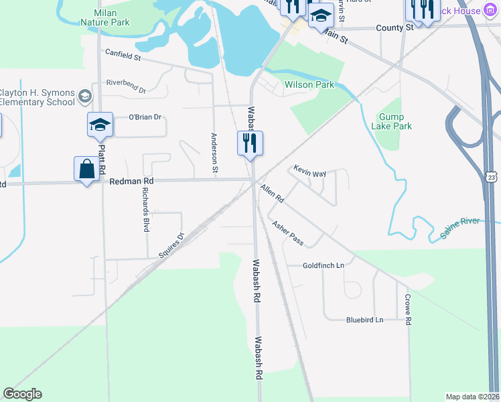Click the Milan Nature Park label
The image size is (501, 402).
[105, 17]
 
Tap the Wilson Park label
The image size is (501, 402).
[309, 85]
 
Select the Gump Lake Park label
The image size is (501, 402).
[391, 121]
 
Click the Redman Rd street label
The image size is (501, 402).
[131, 181]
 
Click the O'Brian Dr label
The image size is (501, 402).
[145, 117]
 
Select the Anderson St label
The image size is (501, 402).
[215, 153]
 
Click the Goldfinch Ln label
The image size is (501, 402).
[323, 265]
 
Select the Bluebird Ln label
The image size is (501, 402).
[364, 320]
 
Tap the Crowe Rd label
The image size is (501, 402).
[407, 308]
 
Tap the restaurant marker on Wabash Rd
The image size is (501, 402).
[250, 143]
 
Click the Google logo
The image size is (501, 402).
[22, 394]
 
